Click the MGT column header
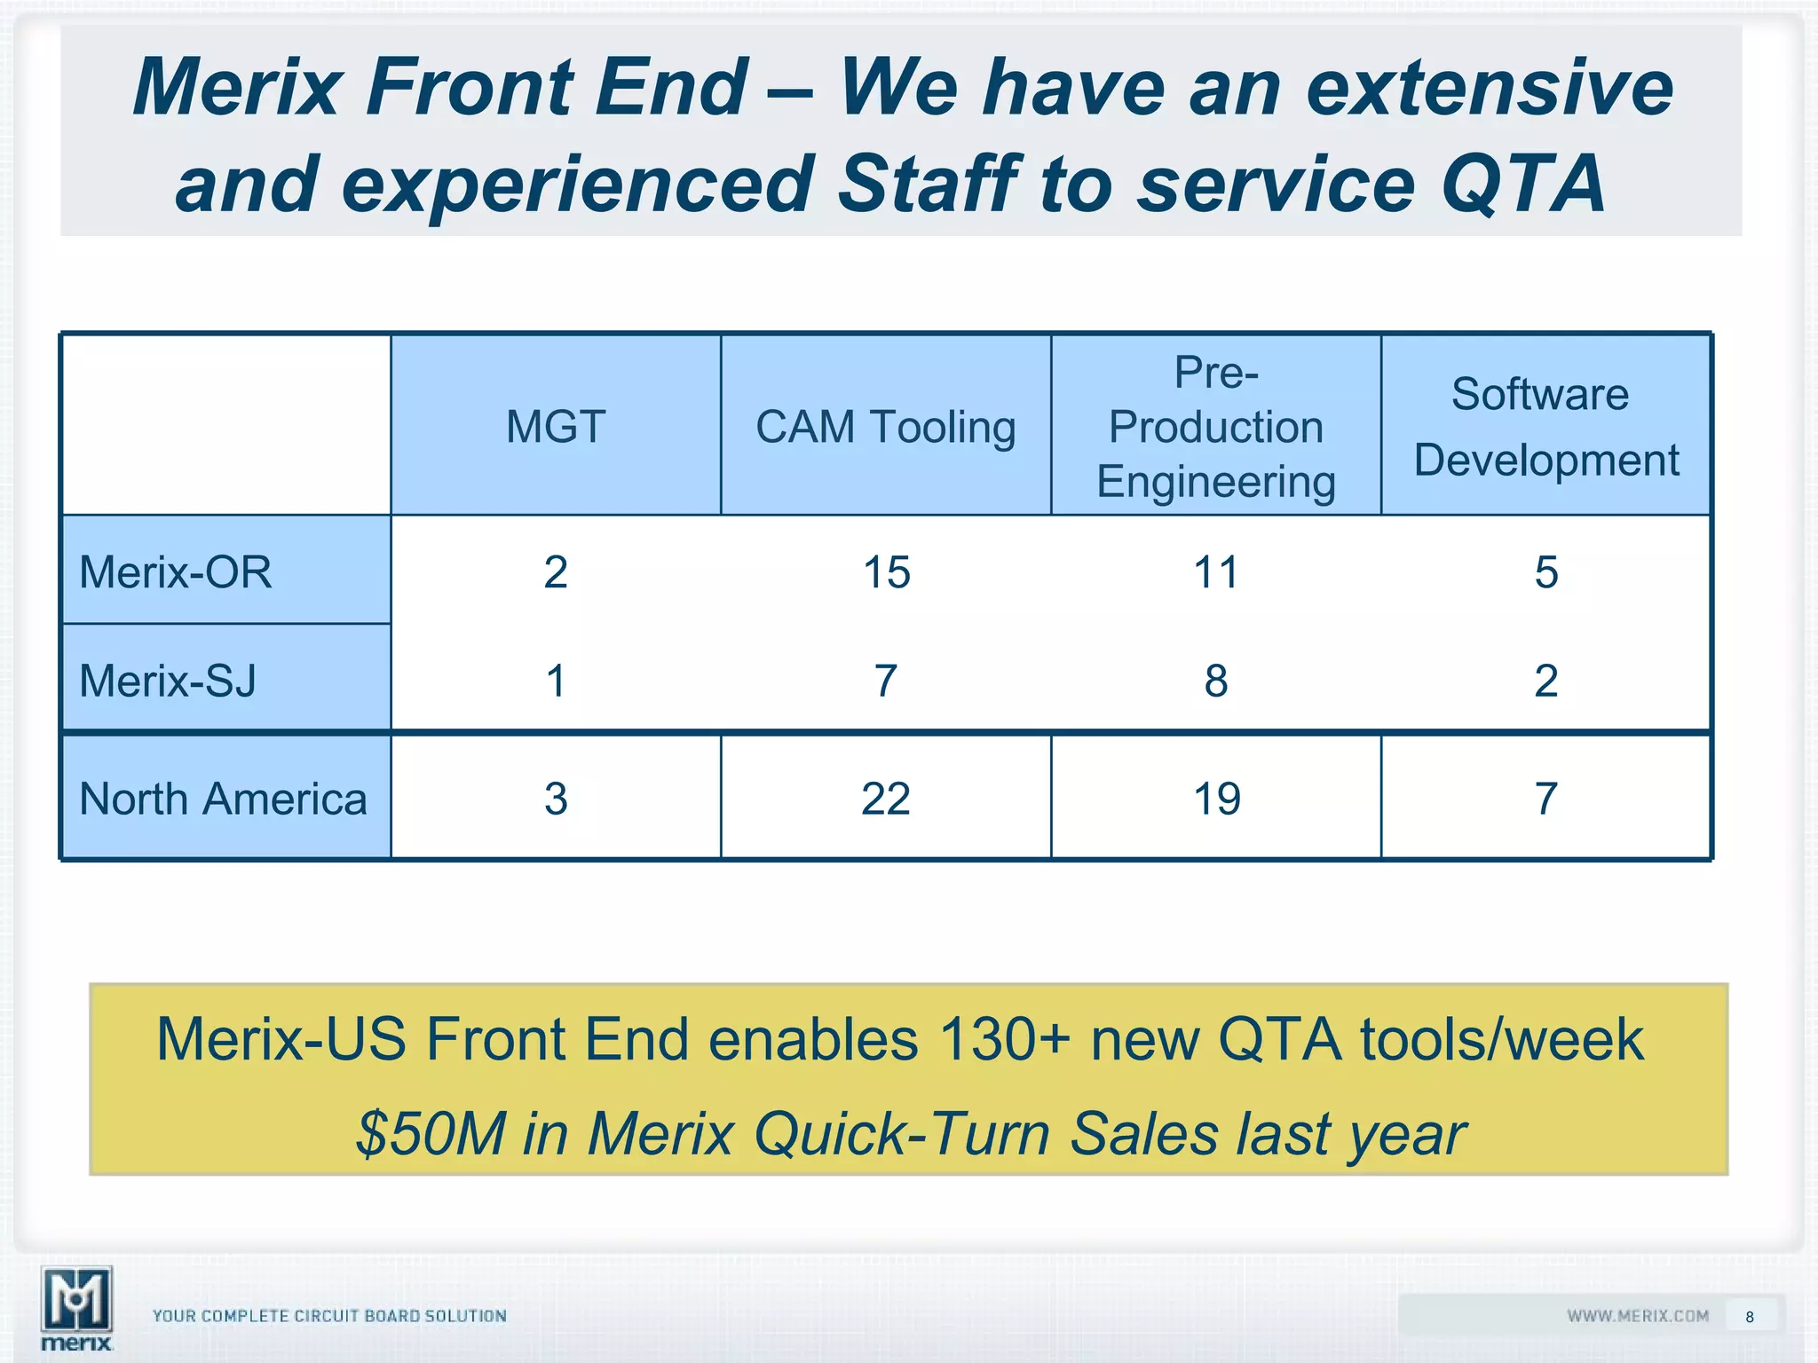pos(556,427)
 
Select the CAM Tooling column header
pos(885,427)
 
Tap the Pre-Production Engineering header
pos(1215,427)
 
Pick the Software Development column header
pos(1545,427)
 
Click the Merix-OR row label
pos(176,572)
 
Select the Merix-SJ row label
pos(168,681)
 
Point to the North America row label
pos(223,799)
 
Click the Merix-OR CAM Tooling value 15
pos(886,572)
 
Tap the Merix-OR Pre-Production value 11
pos(1215,572)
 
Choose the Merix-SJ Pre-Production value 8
pos(1215,681)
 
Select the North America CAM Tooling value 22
pos(885,799)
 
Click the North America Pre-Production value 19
pos(1216,799)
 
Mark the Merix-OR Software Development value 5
pos(1545,572)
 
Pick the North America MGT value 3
pos(556,799)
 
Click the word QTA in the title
pos(1522,184)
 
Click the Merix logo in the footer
pos(77,1308)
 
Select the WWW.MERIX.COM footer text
pos(1637,1316)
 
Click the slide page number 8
pos(1749,1317)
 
